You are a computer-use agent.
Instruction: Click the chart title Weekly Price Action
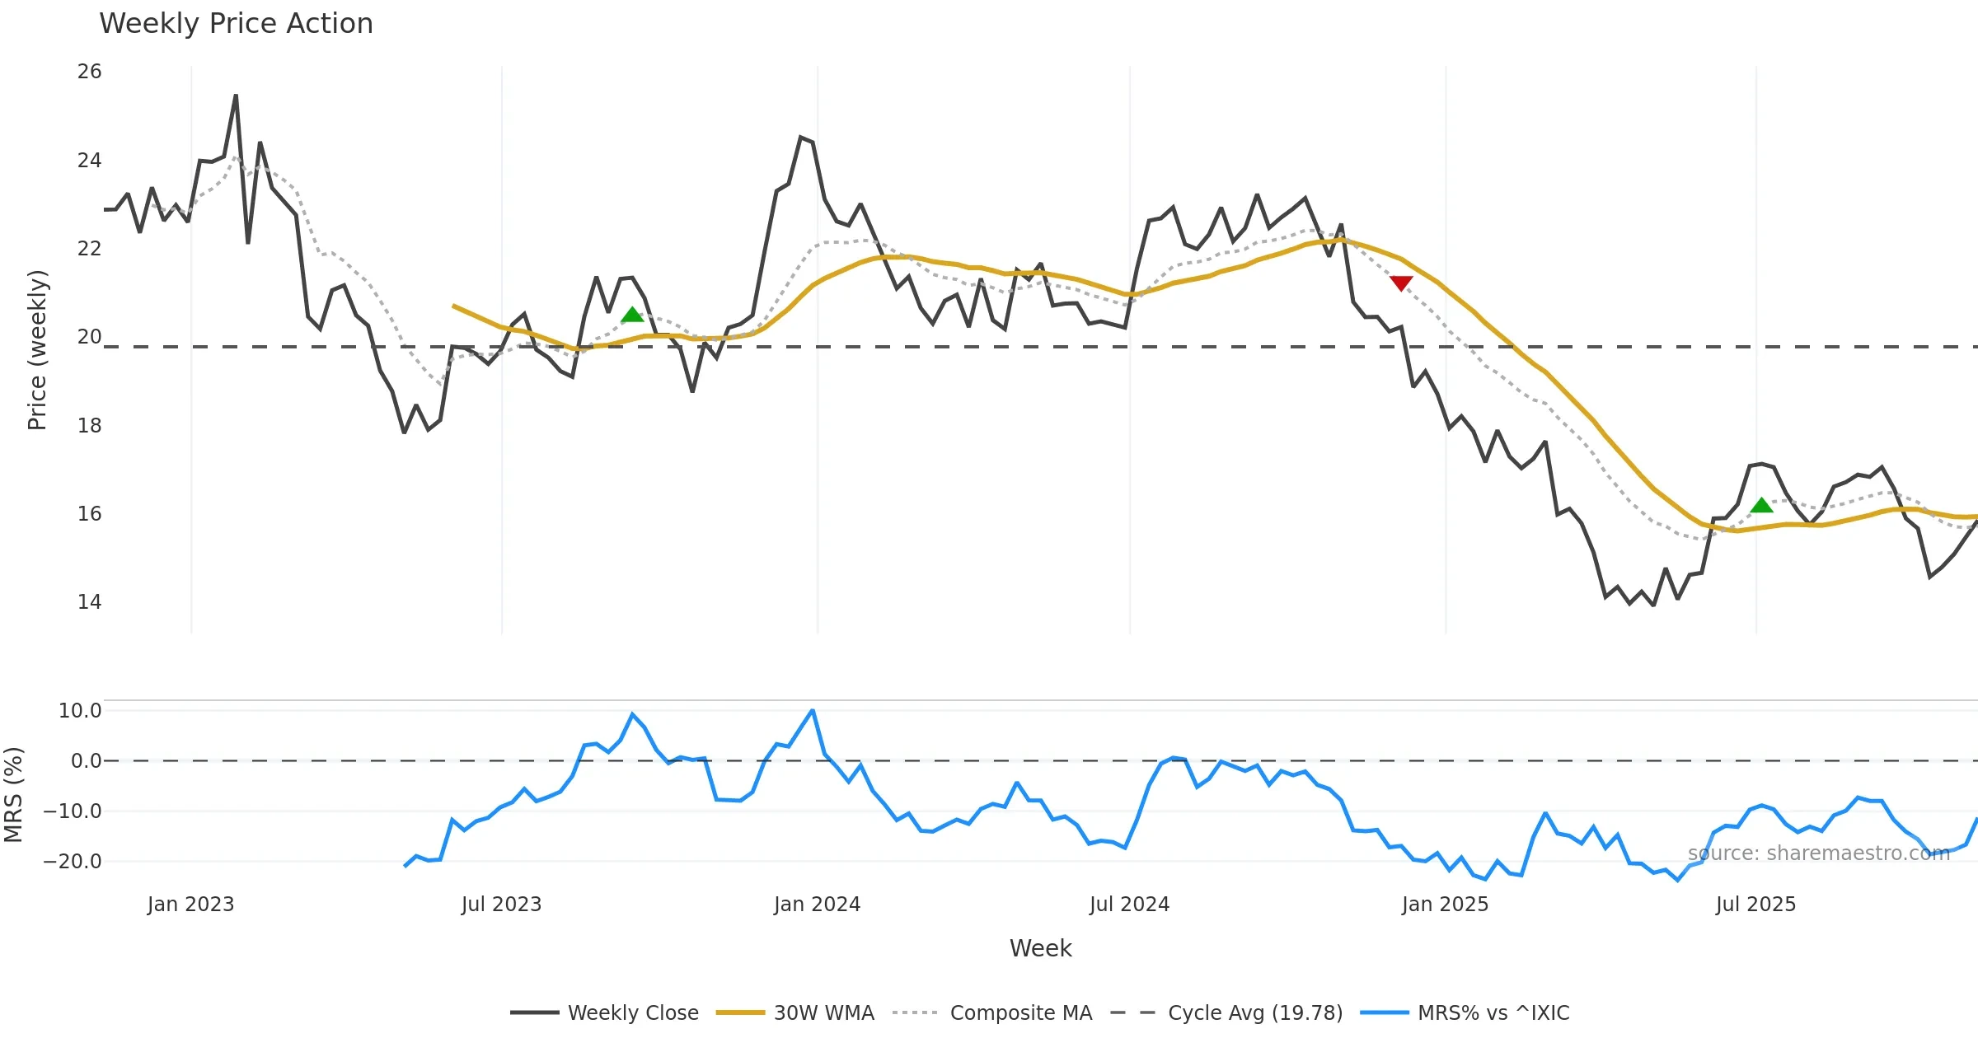click(x=236, y=24)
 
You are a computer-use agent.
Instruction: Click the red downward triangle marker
click(x=1401, y=283)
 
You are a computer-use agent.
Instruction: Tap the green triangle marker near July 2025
click(x=1761, y=505)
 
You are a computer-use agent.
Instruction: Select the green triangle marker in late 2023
click(x=632, y=315)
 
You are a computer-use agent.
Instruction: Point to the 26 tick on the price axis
click(x=89, y=72)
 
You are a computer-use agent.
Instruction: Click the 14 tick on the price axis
click(x=89, y=602)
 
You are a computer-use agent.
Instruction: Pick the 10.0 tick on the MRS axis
click(x=80, y=711)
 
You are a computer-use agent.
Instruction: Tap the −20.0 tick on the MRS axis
click(x=73, y=862)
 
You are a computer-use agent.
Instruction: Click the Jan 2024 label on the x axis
click(x=817, y=905)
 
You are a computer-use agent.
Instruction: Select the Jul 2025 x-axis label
click(x=1755, y=905)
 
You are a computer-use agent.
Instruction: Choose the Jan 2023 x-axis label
click(x=191, y=905)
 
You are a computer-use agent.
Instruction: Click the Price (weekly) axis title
click(x=38, y=350)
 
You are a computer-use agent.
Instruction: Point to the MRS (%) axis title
click(x=14, y=795)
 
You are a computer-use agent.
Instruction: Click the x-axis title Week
click(x=1040, y=949)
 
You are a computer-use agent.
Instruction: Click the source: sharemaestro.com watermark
click(x=1818, y=853)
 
